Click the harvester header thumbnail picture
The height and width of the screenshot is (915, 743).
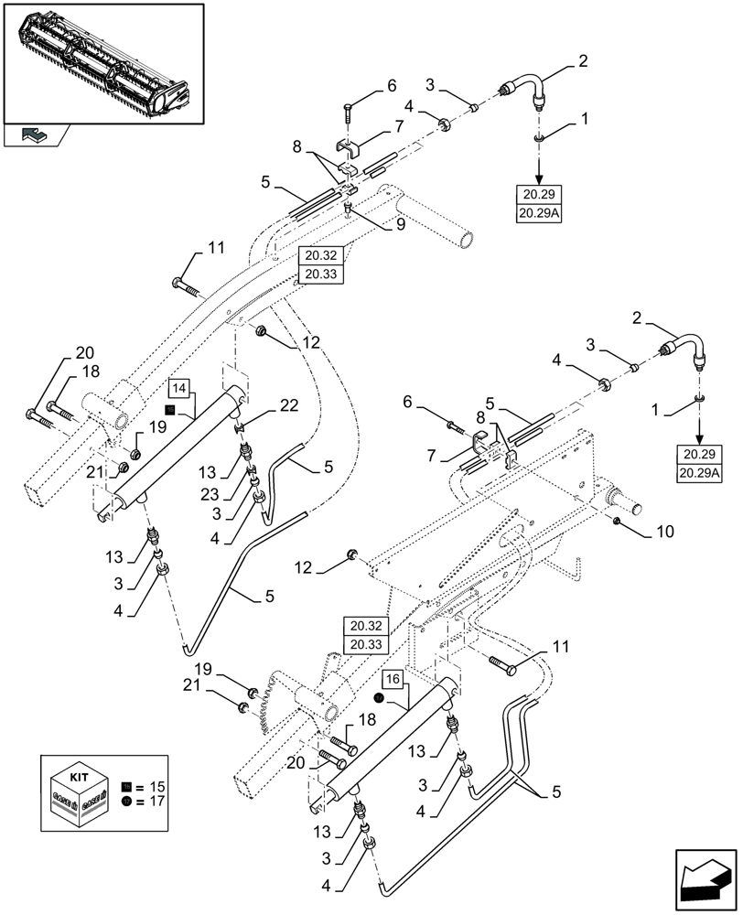[103, 61]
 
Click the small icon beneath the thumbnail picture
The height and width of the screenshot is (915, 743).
[32, 135]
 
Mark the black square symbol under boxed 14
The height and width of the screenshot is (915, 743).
[170, 409]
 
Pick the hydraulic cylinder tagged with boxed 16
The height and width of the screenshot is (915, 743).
[384, 741]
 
